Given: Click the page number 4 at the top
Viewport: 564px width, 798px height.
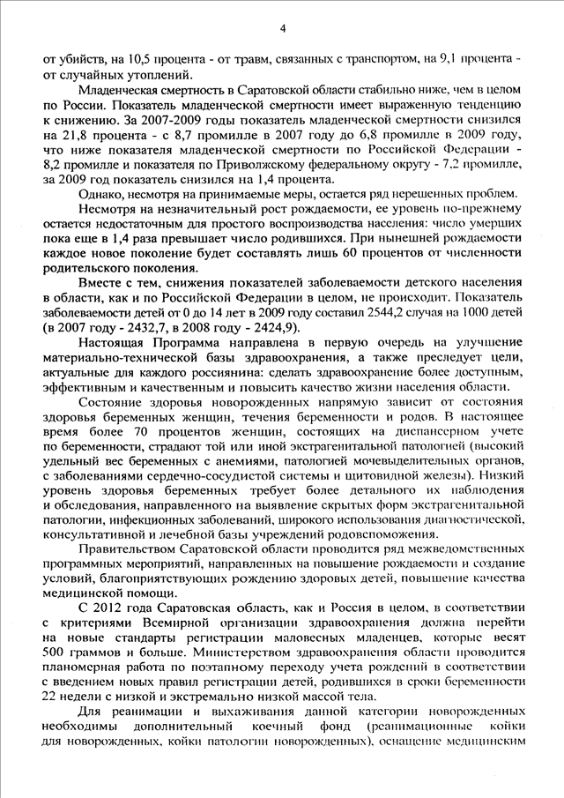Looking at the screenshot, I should pos(283,28).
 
